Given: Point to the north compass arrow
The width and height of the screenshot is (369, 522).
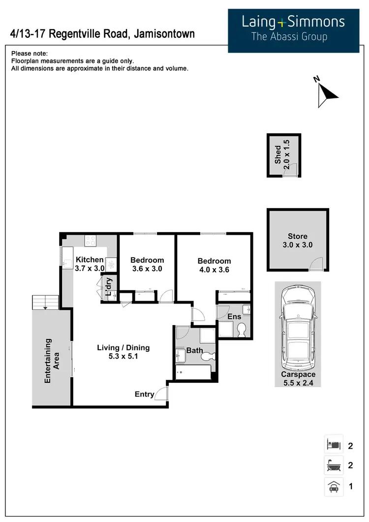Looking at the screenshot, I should click(326, 92).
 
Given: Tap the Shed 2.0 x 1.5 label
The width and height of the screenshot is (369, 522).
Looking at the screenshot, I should click(283, 154).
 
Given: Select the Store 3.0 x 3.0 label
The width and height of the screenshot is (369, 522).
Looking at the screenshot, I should click(298, 241).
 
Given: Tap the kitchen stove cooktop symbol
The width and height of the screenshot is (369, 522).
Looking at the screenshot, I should click(91, 241).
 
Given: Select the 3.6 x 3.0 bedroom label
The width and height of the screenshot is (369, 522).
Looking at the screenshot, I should click(147, 264).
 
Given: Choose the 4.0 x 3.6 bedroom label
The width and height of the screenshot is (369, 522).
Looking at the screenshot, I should click(214, 265).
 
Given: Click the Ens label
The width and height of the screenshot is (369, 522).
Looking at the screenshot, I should click(234, 317).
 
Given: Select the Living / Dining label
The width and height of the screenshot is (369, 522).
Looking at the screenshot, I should click(123, 352).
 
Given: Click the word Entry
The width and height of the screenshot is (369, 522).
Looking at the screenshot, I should click(144, 395).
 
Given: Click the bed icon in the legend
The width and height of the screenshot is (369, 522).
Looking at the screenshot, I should click(333, 445).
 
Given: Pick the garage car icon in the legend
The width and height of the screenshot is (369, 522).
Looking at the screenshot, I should click(333, 487).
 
